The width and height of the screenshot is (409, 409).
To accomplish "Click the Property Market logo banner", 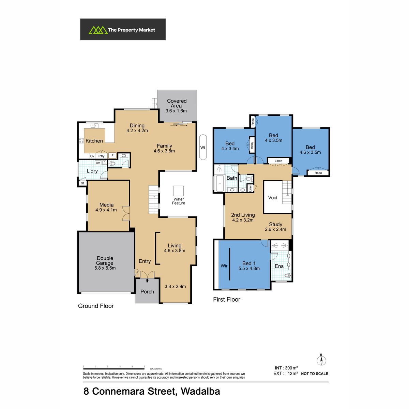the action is point(123,29).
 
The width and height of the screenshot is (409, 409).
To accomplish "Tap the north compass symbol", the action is point(321,360).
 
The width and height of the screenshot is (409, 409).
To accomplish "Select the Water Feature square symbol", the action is point(178,191).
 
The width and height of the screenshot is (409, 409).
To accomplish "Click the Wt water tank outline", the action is point(203,147).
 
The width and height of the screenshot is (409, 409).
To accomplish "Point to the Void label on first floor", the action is point(273,198).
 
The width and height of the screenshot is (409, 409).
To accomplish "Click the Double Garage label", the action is point(105,260).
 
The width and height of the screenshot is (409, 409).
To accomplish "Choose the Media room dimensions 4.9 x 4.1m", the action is point(106,210).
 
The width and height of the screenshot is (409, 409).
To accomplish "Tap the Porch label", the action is point(147,292).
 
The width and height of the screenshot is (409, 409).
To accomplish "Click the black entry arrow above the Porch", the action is point(147,281).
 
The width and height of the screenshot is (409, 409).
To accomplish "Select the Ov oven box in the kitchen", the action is point(92,156).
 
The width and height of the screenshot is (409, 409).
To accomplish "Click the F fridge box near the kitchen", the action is point(112,155).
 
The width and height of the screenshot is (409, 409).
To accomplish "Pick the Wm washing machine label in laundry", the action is point(98,163).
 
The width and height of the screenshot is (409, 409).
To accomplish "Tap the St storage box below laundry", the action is point(82,183).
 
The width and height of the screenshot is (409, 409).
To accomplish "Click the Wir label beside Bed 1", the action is point(224,266).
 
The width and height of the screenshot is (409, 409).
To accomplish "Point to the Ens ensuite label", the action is point(279,266).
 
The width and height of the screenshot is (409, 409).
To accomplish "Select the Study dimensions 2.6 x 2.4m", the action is point(275,229).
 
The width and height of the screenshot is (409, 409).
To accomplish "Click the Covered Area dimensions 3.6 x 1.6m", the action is point(176,111).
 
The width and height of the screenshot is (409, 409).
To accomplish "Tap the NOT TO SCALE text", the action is point(314,374).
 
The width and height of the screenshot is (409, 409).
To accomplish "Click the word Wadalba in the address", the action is point(200,391).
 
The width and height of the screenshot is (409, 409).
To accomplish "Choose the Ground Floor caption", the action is point(96,306).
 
